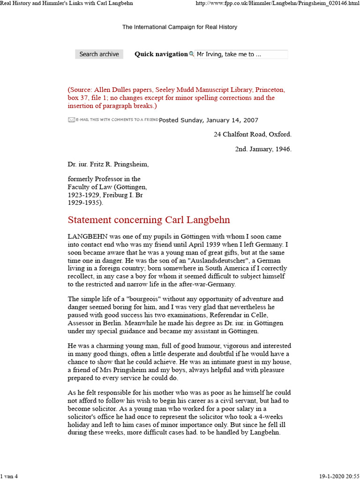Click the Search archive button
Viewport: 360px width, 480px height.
pos(99,54)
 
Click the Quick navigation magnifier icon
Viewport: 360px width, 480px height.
pos(191,54)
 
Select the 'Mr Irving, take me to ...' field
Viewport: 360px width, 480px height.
pos(241,54)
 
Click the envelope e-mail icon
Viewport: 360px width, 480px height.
pos(71,120)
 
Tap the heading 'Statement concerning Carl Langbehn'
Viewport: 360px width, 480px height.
pos(149,220)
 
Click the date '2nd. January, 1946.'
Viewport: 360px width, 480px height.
pos(263,149)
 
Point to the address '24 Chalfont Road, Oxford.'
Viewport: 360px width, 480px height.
pos(252,134)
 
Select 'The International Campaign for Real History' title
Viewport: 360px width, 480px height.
pos(180,27)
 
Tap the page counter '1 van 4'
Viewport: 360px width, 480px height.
pos(9,476)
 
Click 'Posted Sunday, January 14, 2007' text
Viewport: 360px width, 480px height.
pos(208,120)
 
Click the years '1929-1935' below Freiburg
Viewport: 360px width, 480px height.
pos(83,203)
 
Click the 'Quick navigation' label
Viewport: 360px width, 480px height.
pos(161,54)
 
